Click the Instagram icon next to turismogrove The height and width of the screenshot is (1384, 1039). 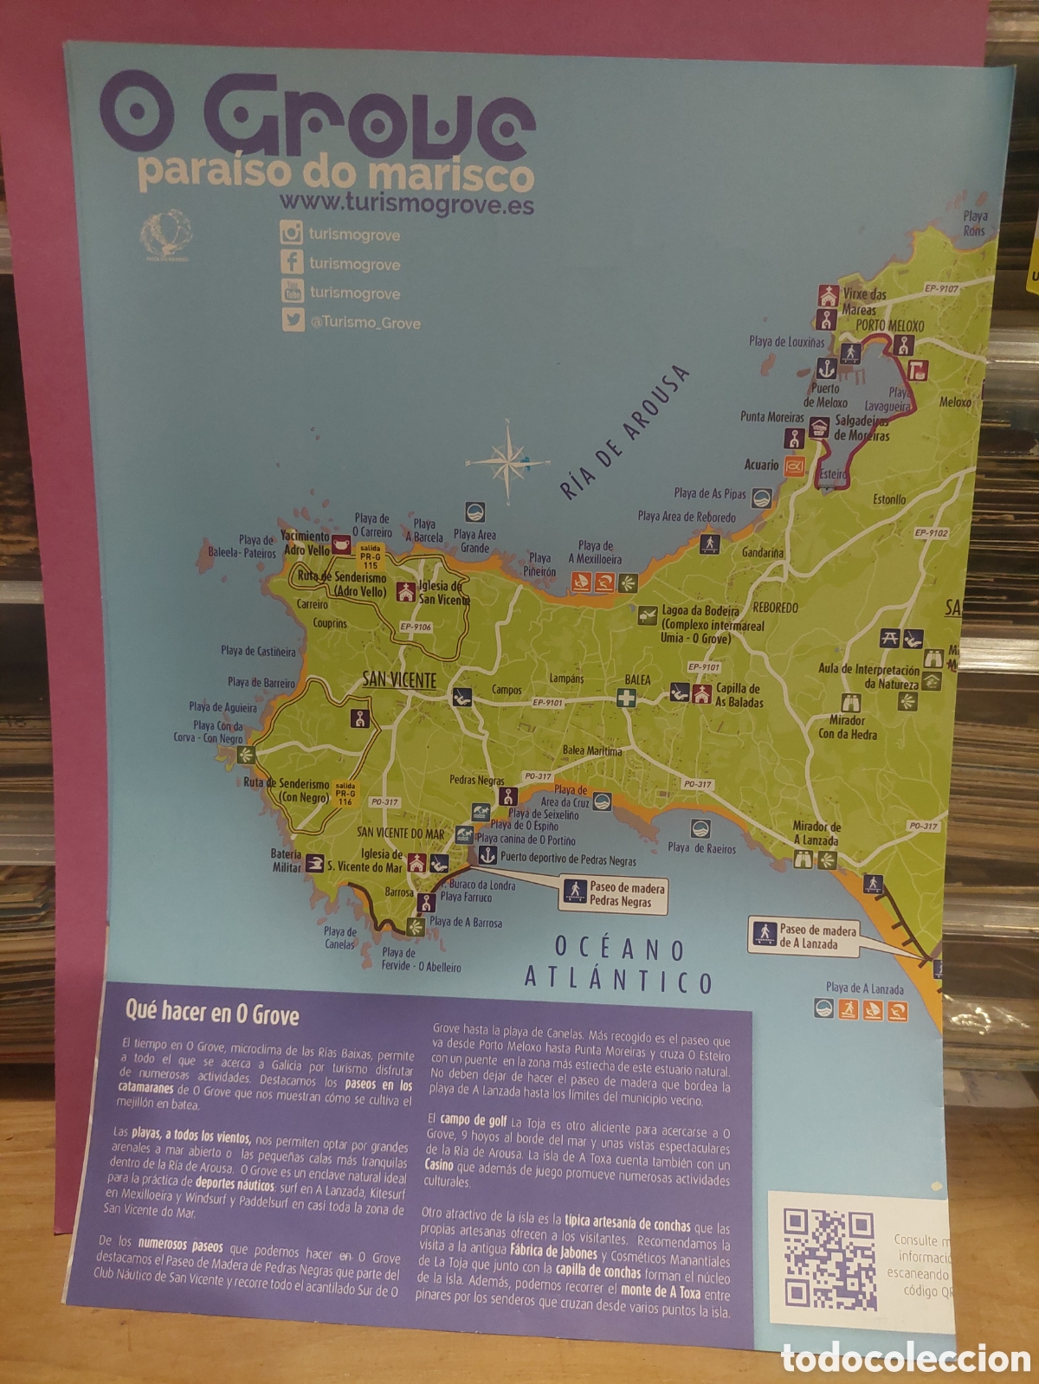click(292, 233)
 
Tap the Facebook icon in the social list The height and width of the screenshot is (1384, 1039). click(292, 262)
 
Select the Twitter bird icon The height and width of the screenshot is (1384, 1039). click(293, 320)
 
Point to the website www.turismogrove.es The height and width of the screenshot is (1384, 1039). click(406, 203)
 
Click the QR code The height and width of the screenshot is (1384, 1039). click(829, 1258)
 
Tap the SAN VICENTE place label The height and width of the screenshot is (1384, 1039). click(399, 680)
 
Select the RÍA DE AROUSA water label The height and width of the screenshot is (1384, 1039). click(623, 433)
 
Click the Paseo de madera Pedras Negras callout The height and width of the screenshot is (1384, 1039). click(615, 895)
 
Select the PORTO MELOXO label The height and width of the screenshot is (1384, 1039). click(889, 325)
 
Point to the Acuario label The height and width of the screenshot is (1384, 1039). click(762, 465)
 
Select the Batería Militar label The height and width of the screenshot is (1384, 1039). click(287, 860)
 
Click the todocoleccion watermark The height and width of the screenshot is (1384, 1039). click(906, 1358)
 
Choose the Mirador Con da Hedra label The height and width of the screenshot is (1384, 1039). click(848, 727)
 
